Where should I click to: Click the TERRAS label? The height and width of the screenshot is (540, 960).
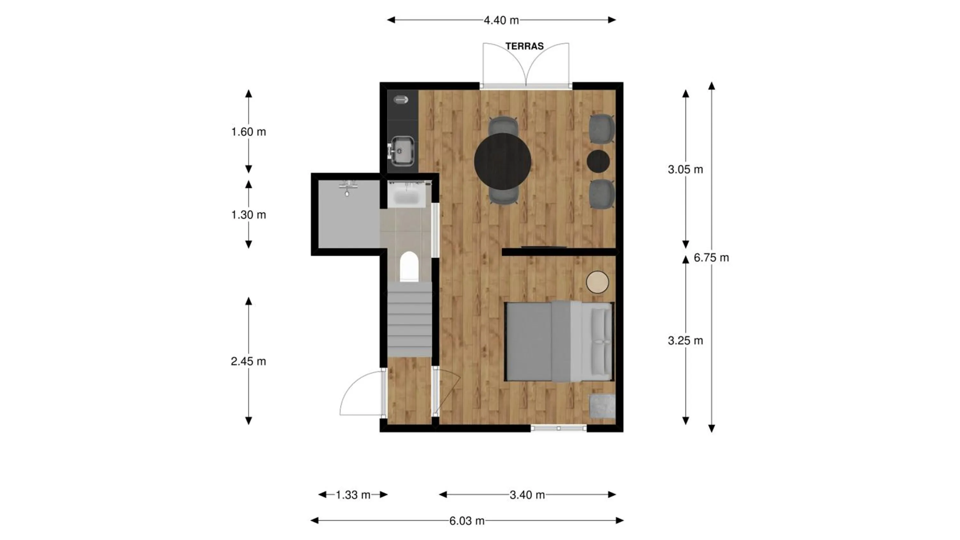click(x=524, y=46)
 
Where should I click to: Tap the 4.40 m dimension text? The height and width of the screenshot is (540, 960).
click(x=501, y=20)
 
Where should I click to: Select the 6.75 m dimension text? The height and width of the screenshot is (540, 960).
click(x=711, y=258)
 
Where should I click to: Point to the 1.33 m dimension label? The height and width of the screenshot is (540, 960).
click(x=353, y=495)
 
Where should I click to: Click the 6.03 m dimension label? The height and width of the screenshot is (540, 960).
click(x=467, y=520)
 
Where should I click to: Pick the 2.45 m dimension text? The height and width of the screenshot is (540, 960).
click(x=248, y=361)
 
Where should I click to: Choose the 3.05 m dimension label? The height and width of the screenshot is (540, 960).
click(x=685, y=170)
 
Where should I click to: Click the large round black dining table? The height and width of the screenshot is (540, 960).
click(x=503, y=161)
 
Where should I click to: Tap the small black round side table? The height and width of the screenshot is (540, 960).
click(x=598, y=161)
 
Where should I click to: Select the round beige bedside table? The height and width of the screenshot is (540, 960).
click(x=597, y=282)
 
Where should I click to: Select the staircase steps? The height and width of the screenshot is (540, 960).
click(x=410, y=319)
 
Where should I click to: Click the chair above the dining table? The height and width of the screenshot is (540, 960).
click(x=503, y=126)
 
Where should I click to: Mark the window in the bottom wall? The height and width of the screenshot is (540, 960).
click(x=559, y=429)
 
